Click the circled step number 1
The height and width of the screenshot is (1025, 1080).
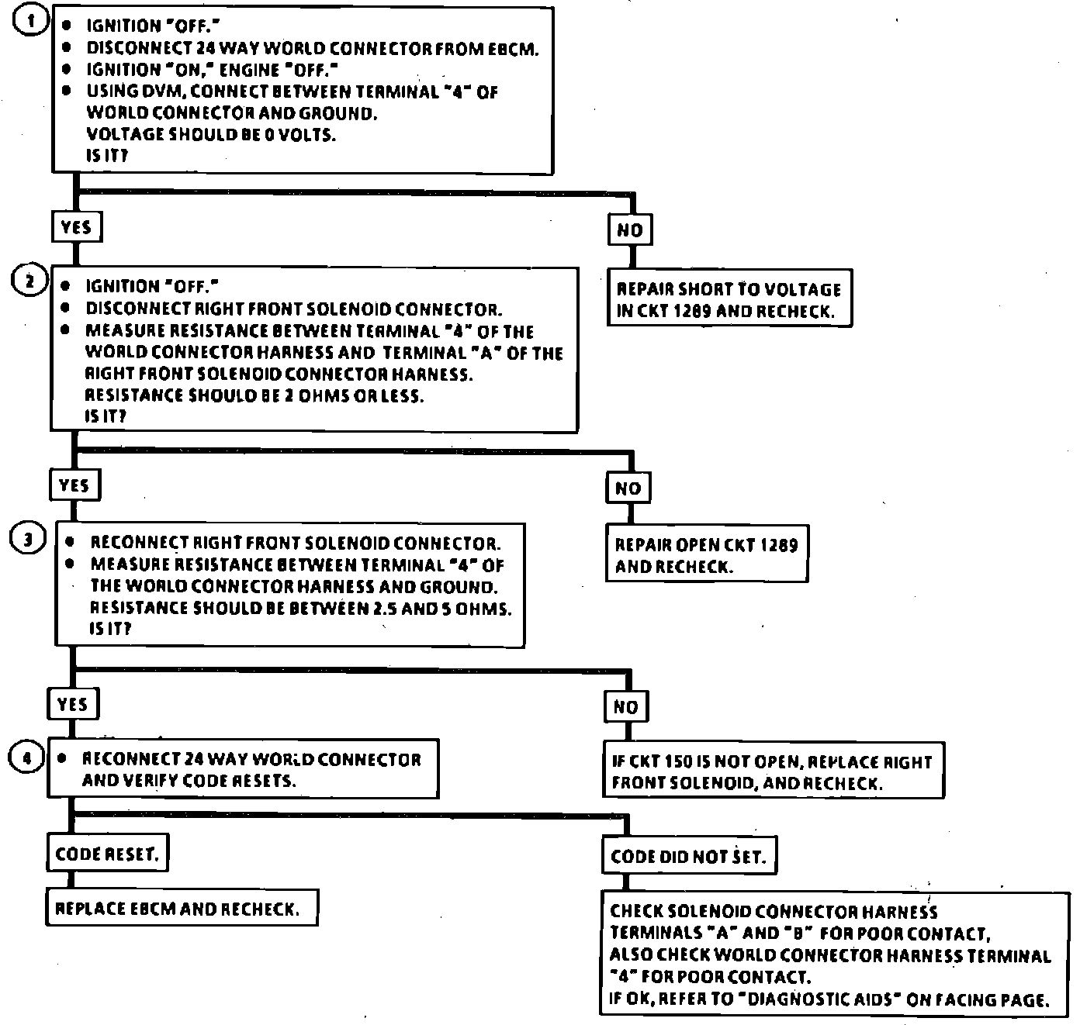(29, 21)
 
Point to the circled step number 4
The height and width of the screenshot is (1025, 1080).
(25, 758)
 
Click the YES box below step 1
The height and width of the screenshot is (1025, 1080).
(76, 227)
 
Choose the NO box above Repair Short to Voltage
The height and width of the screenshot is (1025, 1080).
(629, 230)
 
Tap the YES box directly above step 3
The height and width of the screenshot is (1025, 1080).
(74, 485)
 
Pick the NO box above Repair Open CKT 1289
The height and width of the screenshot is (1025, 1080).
(628, 488)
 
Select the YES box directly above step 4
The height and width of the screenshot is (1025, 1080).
(73, 704)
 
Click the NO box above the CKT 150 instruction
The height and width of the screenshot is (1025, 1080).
(625, 706)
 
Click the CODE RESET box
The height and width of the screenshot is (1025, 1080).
(107, 854)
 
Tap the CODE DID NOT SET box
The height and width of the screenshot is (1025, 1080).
(688, 857)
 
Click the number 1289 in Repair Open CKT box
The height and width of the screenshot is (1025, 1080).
(779, 545)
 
